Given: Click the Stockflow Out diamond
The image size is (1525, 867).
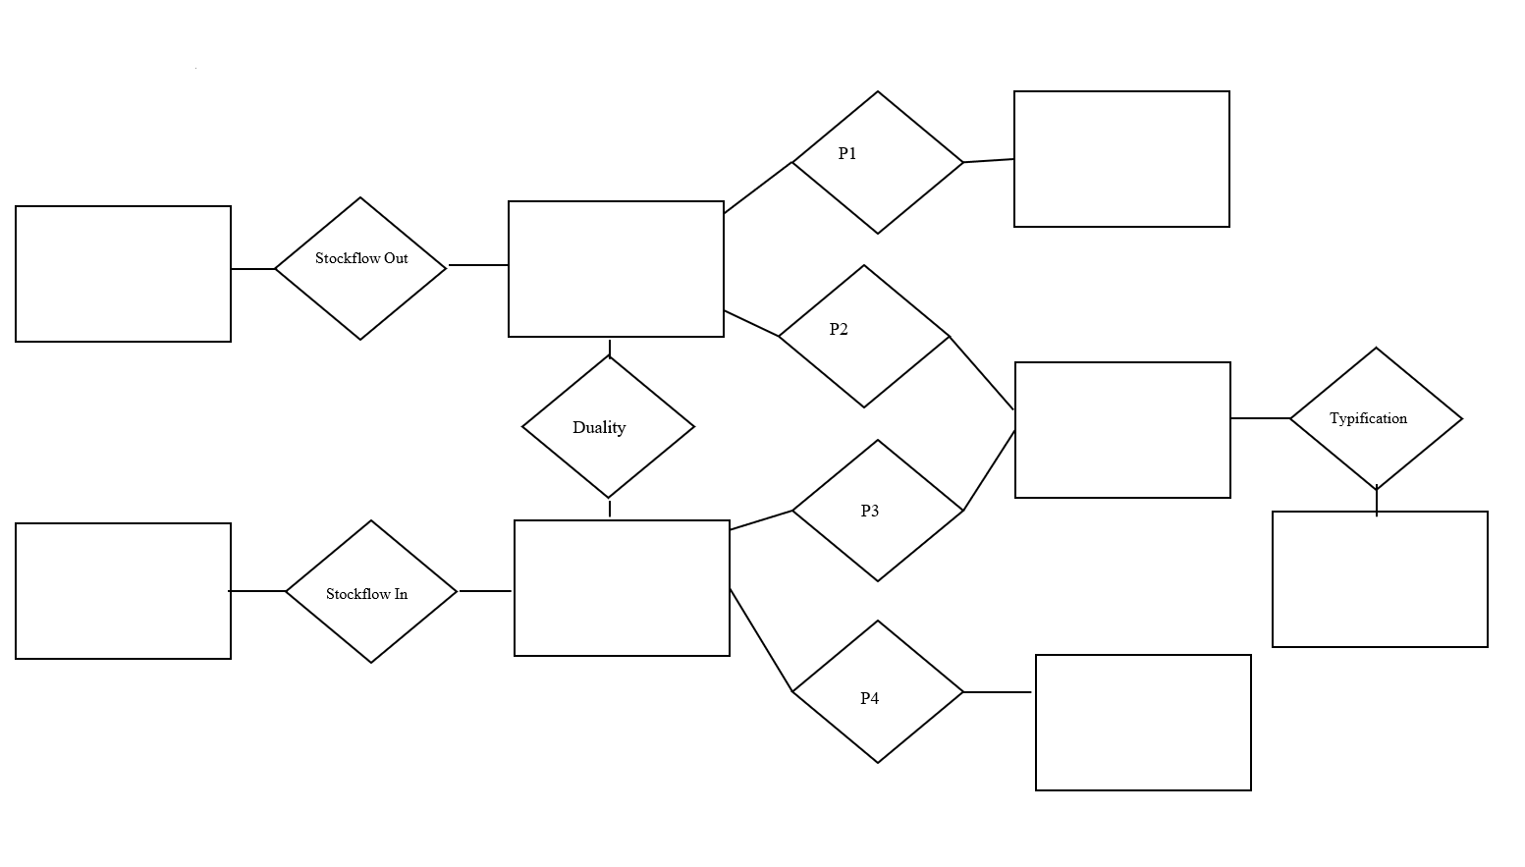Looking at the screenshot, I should tap(360, 269).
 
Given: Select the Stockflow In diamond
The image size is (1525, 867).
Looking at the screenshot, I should tap(371, 592).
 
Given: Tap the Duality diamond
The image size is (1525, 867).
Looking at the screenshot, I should tap(608, 427).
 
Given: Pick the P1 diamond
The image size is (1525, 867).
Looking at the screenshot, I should tap(877, 163).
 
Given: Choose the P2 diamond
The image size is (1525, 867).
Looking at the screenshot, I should tap(864, 337).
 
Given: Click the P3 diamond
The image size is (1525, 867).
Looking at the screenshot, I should tap(877, 511).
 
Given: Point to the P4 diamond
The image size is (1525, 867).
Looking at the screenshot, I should tap(877, 692).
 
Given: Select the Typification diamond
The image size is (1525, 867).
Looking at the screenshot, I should tap(1376, 418).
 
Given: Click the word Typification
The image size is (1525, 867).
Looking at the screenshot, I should tap(1368, 418).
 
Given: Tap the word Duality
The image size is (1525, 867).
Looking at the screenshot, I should tap(599, 427).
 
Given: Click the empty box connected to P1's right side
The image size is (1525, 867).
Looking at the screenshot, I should tap(1121, 159).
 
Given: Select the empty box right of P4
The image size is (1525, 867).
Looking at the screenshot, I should tap(1143, 723).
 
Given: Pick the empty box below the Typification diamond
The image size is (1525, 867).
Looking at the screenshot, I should tap(1380, 579).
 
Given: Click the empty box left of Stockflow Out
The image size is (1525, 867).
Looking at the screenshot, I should tap(123, 274).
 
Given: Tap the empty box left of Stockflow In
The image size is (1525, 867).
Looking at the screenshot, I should tap(123, 591).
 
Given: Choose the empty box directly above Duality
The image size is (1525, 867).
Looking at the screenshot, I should tap(616, 269).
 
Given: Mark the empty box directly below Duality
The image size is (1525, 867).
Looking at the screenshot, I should tap(622, 588).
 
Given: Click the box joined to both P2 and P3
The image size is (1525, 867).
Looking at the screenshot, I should tap(1122, 430).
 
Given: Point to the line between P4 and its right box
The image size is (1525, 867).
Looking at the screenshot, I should tap(998, 692).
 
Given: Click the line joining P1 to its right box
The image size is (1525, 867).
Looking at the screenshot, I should tap(989, 161).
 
